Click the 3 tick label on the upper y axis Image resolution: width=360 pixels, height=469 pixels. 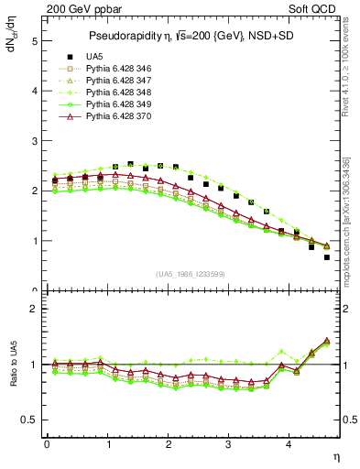click(34, 141)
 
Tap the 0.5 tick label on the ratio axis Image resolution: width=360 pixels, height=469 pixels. click(30, 420)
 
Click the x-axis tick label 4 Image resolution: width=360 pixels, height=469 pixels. click(289, 445)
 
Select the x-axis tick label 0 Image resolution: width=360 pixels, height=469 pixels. click(47, 445)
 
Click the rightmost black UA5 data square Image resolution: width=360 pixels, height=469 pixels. click(327, 257)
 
